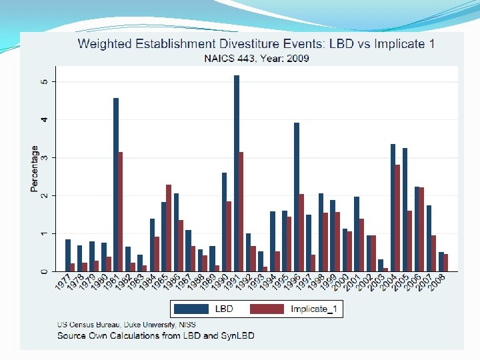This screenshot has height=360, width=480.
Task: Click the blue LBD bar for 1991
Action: coord(237,173)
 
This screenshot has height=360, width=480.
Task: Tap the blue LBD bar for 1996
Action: coord(297,197)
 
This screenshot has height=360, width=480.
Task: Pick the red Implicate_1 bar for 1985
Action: coord(169,228)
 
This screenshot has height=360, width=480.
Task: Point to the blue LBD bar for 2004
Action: coord(393,207)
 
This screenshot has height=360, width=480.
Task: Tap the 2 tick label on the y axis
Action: coord(44,196)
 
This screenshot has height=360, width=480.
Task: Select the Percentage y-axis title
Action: coord(35,169)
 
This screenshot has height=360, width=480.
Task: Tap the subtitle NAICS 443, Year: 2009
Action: coord(256,58)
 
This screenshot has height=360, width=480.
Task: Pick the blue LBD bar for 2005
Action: coord(405,209)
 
